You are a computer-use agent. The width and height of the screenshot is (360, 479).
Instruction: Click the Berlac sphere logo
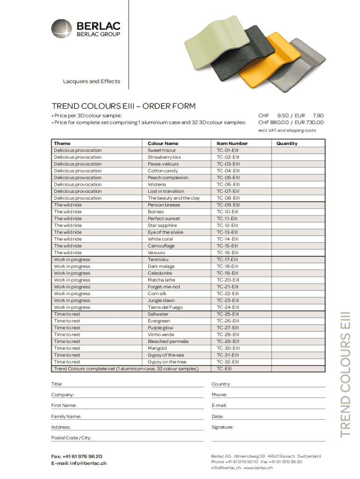[x=62, y=29]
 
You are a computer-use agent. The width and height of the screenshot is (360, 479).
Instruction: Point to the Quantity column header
[x=287, y=143]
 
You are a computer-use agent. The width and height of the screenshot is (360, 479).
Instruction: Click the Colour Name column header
[x=163, y=143]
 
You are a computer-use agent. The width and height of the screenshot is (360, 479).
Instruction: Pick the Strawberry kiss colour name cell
[x=164, y=157]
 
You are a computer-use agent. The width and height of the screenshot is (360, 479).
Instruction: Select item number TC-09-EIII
[x=228, y=205]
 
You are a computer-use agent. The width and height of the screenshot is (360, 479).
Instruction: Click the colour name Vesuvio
[x=156, y=253]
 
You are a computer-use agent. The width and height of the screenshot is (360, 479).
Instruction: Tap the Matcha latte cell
[x=161, y=280]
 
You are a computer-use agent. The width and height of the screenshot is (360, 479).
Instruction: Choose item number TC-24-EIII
[x=228, y=307]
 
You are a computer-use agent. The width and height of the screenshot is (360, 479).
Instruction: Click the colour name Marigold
[x=157, y=348]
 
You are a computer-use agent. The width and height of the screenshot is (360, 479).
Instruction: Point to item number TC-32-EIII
[x=228, y=362]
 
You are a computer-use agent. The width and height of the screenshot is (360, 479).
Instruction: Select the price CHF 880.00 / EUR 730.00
[x=291, y=123]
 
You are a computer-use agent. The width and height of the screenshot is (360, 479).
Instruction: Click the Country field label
[x=221, y=384]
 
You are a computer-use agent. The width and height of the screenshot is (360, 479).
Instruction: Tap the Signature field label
[x=223, y=427]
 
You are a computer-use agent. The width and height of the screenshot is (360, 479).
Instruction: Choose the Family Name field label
[x=66, y=416]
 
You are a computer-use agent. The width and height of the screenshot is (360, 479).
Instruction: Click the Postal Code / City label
[x=71, y=438]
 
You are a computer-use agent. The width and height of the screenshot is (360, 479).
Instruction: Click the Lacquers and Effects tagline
[x=92, y=81]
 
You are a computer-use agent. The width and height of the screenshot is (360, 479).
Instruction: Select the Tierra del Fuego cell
[x=166, y=307]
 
